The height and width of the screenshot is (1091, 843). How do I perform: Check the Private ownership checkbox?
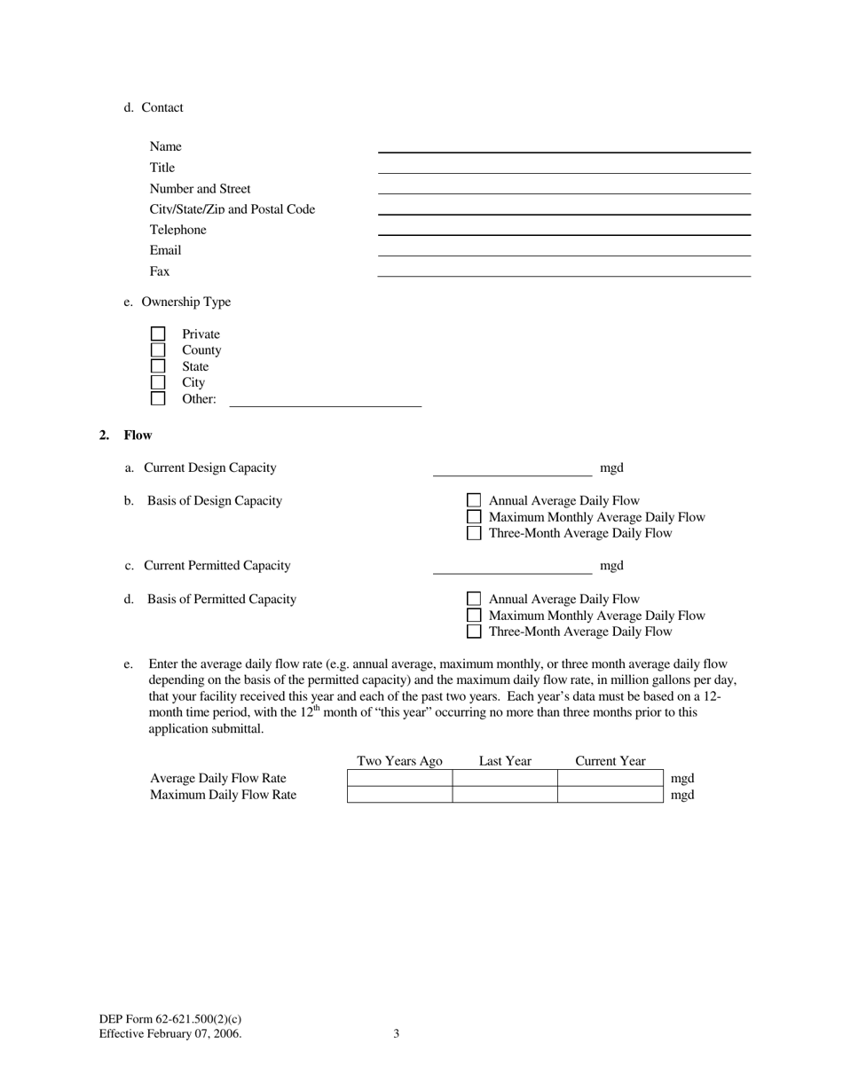pyautogui.click(x=158, y=334)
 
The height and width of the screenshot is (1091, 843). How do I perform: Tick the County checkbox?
pyautogui.click(x=158, y=350)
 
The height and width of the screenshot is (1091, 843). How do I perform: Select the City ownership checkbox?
pyautogui.click(x=158, y=382)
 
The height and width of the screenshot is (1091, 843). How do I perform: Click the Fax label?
pyautogui.click(x=160, y=271)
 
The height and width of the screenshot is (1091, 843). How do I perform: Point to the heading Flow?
pyautogui.click(x=138, y=436)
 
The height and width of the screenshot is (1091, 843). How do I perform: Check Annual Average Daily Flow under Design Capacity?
pyautogui.click(x=474, y=501)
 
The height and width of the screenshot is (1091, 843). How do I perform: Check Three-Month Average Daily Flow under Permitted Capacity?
pyautogui.click(x=474, y=632)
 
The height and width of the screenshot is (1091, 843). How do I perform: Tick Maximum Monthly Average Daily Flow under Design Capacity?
pyautogui.click(x=474, y=517)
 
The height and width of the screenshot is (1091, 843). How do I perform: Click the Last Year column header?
pyautogui.click(x=505, y=761)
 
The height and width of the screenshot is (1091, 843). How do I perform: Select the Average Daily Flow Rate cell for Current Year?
pyautogui.click(x=610, y=778)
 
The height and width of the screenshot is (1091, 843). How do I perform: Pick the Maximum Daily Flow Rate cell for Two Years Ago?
pyautogui.click(x=399, y=795)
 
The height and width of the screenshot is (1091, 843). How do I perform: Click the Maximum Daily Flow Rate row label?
pyautogui.click(x=223, y=795)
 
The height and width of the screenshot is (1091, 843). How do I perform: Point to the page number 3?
pyautogui.click(x=396, y=1034)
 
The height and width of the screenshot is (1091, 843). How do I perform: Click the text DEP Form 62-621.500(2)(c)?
pyautogui.click(x=170, y=1020)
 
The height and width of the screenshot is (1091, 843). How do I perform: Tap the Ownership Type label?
pyautogui.click(x=185, y=302)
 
